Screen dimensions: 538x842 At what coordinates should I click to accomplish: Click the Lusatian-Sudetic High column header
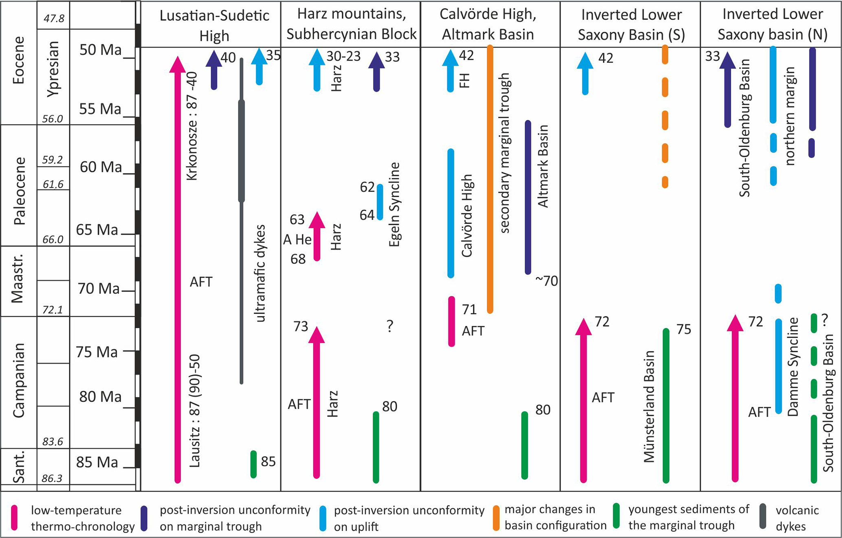coord(214,25)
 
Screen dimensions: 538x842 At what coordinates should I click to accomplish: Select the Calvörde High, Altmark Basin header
coord(488,24)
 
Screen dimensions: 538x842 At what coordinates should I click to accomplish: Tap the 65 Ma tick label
coord(97,230)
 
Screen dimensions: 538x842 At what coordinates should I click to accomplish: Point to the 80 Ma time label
coord(100,397)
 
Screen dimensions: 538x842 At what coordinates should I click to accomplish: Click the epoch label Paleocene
coord(19,191)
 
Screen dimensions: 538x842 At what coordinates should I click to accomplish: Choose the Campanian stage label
coord(19,380)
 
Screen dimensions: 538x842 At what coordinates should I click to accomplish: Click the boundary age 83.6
coord(53,442)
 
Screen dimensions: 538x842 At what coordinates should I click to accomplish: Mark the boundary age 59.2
coord(53,160)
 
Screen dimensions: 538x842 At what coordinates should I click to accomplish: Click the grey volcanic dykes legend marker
coord(763,517)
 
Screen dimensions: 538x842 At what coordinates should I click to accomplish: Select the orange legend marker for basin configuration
coord(496,518)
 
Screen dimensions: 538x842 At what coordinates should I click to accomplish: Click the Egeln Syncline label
coord(394,204)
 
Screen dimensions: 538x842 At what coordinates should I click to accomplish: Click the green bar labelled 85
coord(253,464)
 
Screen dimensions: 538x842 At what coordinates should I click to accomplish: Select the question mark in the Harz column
coord(390,326)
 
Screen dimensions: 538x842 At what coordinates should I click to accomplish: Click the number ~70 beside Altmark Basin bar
coord(546,281)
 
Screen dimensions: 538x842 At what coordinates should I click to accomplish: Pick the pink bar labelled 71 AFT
coord(451,321)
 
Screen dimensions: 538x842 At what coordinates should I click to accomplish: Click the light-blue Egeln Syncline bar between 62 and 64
coord(380,202)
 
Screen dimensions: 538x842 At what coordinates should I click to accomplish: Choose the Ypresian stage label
coord(53,69)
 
